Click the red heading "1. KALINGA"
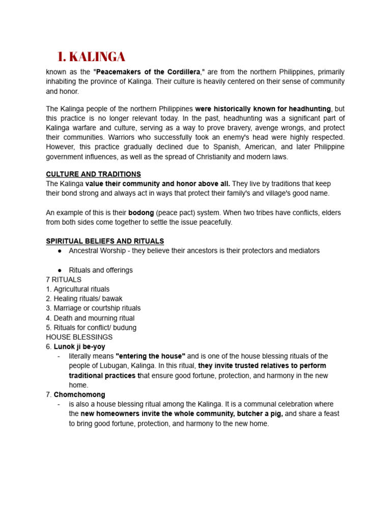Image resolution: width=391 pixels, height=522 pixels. click(91, 57)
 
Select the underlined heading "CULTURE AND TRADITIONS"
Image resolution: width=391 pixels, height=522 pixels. click(93, 174)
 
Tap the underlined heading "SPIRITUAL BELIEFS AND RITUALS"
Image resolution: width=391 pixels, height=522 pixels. click(105, 241)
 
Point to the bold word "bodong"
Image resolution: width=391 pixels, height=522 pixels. click(141, 213)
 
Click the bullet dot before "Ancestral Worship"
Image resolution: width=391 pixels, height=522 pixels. click(60, 251)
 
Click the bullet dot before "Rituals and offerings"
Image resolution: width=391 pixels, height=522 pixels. click(60, 270)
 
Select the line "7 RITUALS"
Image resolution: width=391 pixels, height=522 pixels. click(64, 280)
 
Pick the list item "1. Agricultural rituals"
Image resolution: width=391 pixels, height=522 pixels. click(77, 289)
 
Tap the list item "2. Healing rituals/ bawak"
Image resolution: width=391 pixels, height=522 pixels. click(84, 299)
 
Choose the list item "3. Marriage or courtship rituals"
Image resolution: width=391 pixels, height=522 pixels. click(93, 308)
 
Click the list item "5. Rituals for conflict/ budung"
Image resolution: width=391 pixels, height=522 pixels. click(91, 328)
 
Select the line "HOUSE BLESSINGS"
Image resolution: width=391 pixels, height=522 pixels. click(79, 337)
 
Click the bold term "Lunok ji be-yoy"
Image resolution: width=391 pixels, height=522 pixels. click(79, 347)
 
